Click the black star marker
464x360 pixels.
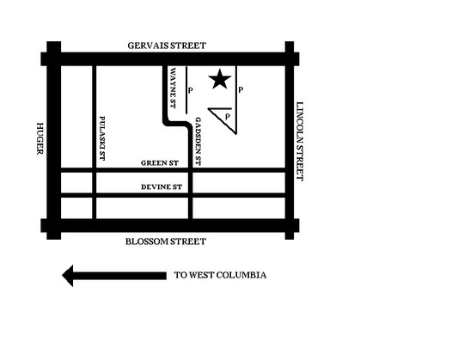(x=220, y=79)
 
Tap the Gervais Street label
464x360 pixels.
(x=167, y=46)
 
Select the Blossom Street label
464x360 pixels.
(x=166, y=241)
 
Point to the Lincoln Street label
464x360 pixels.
(x=300, y=141)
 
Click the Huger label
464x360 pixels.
(x=40, y=138)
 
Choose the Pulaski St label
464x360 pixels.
(x=102, y=138)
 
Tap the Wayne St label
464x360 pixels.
(x=173, y=88)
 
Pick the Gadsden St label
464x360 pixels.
(x=198, y=142)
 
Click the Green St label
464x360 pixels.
(x=160, y=163)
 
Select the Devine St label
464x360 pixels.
(x=162, y=187)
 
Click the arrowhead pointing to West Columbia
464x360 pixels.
(x=68, y=276)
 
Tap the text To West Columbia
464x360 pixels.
(x=220, y=275)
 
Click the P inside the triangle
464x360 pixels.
(x=227, y=117)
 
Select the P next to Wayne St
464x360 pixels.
(x=191, y=90)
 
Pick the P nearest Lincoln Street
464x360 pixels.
(x=241, y=90)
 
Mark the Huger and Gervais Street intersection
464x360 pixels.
(x=54, y=59)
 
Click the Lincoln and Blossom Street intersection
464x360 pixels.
(x=290, y=225)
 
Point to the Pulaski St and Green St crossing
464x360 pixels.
(x=95, y=170)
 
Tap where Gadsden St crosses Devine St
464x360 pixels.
(x=191, y=195)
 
